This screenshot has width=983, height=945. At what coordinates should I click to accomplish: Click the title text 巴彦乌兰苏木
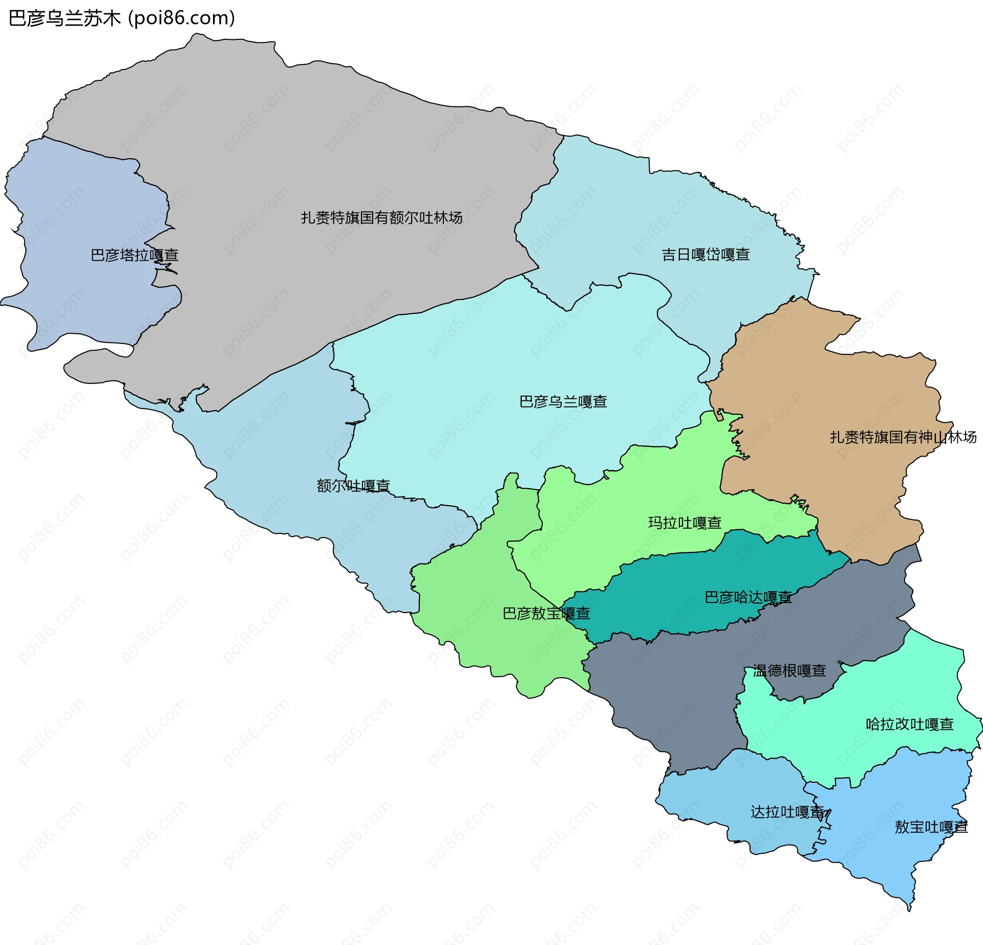click(64, 18)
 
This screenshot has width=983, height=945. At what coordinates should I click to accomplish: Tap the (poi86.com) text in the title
click(182, 18)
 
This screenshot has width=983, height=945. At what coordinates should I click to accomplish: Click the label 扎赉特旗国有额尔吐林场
click(381, 218)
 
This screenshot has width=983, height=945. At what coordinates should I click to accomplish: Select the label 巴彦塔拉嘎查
click(134, 255)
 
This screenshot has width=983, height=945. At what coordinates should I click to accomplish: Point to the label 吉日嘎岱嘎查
click(706, 254)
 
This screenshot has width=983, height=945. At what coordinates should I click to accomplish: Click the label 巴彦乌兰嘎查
click(563, 401)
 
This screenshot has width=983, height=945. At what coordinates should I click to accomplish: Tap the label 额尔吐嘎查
click(353, 485)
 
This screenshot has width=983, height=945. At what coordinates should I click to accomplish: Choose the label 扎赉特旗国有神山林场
click(903, 437)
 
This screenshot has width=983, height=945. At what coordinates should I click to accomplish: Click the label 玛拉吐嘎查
click(685, 523)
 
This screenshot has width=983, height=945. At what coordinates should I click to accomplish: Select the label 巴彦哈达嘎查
click(748, 597)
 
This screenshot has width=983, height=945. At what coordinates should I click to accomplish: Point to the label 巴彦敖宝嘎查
click(546, 613)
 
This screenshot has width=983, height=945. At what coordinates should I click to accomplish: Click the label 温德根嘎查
click(789, 671)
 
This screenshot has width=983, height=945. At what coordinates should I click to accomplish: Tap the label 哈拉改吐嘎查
click(909, 724)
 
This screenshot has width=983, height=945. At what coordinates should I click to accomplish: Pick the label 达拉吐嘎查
click(787, 812)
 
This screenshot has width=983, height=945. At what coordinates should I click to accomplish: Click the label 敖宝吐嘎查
click(931, 827)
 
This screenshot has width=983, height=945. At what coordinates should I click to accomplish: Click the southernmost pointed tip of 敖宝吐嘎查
click(909, 910)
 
